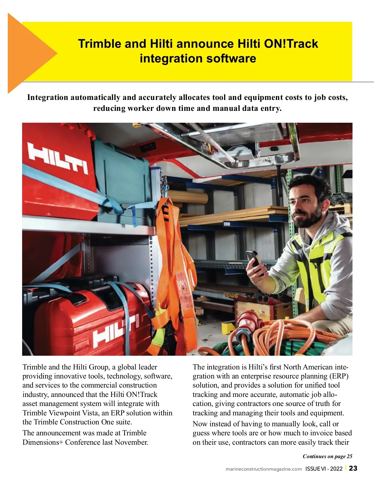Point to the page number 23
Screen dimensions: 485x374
click(353, 468)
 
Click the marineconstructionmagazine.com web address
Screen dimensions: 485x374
click(264, 469)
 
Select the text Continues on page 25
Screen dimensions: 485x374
click(327, 456)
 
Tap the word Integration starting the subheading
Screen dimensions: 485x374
click(47, 97)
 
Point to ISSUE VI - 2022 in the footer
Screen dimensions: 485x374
click(324, 468)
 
